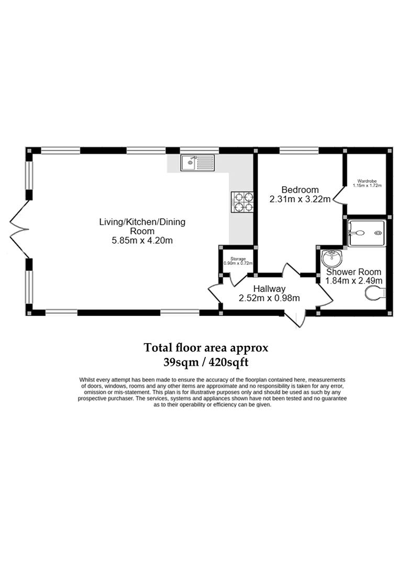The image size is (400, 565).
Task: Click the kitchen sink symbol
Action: [198, 163]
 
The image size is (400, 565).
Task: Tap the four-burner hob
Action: [242, 202]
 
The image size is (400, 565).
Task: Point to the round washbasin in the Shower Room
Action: [332, 258]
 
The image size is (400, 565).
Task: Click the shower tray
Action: [366, 233]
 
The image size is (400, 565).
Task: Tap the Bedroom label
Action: [300, 190]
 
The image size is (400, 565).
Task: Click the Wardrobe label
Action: [367, 181]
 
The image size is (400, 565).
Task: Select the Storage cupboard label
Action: [238, 259]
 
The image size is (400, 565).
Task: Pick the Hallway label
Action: [269, 289]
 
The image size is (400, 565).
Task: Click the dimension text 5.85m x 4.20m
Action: [142, 240]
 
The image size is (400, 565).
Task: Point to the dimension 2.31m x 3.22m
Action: [300, 199]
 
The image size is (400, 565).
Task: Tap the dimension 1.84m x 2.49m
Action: [354, 281]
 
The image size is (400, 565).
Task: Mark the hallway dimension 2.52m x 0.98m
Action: [269, 298]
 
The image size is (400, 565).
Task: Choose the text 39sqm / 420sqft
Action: [206, 362]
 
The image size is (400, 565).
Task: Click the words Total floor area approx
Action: [206, 348]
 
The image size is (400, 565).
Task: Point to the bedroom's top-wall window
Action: [299, 150]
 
